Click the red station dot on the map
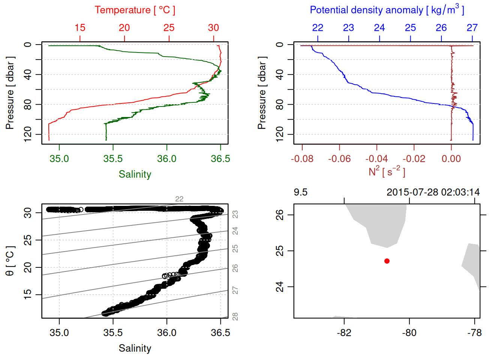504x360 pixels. (x=387, y=261)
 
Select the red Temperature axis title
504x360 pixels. (x=135, y=10)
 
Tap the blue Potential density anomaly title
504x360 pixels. (x=387, y=10)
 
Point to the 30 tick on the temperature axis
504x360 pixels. (x=213, y=28)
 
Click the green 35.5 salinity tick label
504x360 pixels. (x=113, y=159)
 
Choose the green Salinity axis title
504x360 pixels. (x=135, y=174)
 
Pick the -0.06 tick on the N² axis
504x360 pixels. (x=339, y=159)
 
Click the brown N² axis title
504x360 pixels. (x=387, y=172)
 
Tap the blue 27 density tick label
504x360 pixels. (x=472, y=28)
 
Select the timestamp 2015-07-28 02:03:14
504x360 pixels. (x=433, y=192)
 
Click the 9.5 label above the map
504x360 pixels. (x=300, y=192)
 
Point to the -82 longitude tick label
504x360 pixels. (x=344, y=333)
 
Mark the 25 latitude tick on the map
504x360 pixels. (x=280, y=250)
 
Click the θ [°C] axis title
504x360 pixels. (x=10, y=261)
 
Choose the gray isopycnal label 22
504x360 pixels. (x=179, y=199)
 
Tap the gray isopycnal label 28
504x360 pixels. (x=235, y=317)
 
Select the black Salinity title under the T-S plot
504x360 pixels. (x=135, y=348)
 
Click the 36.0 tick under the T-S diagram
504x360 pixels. (x=166, y=333)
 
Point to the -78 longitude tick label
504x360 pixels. (x=474, y=333)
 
